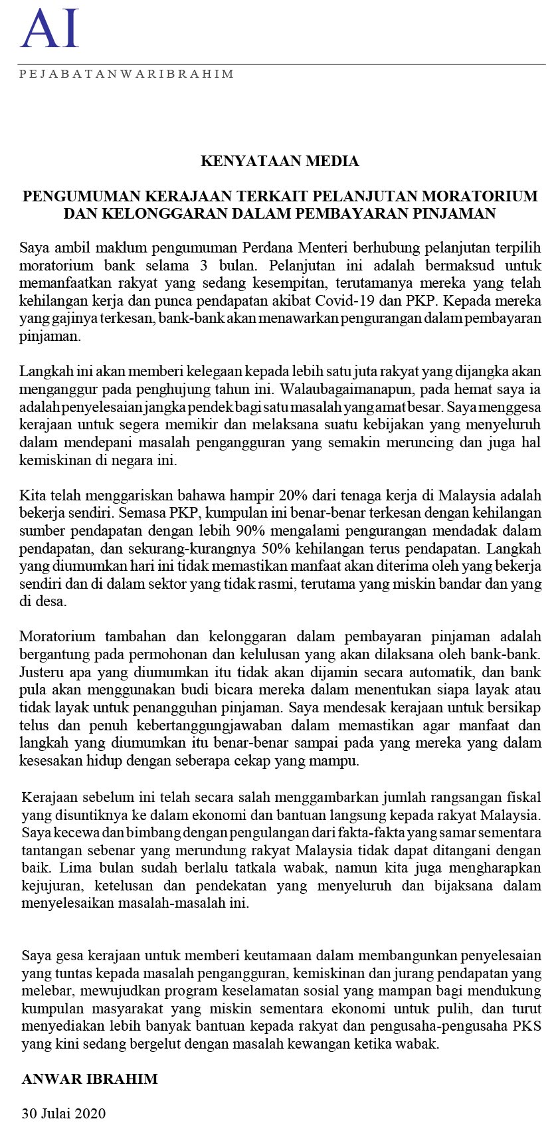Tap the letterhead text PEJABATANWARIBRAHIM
tap(126, 74)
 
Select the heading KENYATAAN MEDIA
tap(280, 161)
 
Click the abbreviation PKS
tap(528, 1026)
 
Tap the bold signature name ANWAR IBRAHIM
tap(90, 1079)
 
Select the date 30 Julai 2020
tap(64, 1113)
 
